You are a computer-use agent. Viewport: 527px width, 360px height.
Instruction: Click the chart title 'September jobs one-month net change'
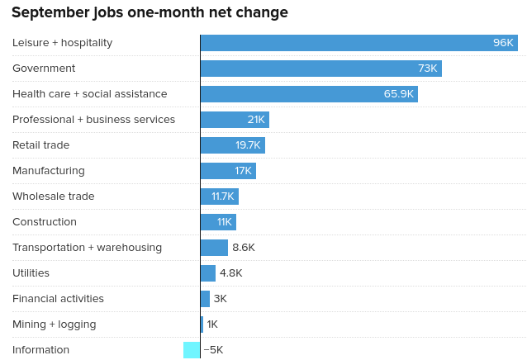(150, 12)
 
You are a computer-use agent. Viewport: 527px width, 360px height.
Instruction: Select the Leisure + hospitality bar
(358, 43)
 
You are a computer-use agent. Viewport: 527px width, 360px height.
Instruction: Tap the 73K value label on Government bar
(427, 69)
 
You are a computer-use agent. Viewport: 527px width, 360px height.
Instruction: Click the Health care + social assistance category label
(89, 94)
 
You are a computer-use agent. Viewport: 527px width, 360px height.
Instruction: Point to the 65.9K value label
(398, 94)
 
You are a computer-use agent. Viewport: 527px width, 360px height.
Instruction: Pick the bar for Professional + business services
(235, 120)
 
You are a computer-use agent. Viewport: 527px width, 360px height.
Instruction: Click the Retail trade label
(40, 145)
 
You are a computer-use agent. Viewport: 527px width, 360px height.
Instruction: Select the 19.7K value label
(248, 145)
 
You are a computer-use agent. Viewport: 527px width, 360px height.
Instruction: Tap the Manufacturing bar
(228, 171)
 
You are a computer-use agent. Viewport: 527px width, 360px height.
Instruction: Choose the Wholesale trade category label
(53, 197)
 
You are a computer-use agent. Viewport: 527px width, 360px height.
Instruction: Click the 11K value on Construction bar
(225, 222)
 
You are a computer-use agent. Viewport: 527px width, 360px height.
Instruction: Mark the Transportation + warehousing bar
(214, 248)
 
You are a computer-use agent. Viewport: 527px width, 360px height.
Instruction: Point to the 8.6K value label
(244, 248)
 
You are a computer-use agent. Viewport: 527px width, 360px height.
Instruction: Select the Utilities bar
(208, 273)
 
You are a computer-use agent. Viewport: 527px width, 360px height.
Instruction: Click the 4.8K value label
(231, 273)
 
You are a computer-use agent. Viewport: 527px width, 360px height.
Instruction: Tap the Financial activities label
(58, 299)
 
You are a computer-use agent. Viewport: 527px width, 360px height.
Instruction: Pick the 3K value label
(220, 299)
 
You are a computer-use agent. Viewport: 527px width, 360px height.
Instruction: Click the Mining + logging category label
(54, 324)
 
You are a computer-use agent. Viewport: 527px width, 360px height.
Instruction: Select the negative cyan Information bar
(192, 350)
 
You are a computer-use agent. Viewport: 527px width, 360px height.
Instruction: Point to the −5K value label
(213, 350)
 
